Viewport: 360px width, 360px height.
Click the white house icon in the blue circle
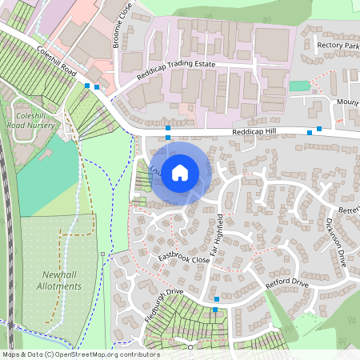(180, 171)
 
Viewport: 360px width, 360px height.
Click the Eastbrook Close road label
(183, 258)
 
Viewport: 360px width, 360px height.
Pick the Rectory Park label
(338, 46)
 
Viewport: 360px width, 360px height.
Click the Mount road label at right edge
(347, 102)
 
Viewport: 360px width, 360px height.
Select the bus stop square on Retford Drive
(216, 299)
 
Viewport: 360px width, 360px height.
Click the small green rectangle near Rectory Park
(298, 86)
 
